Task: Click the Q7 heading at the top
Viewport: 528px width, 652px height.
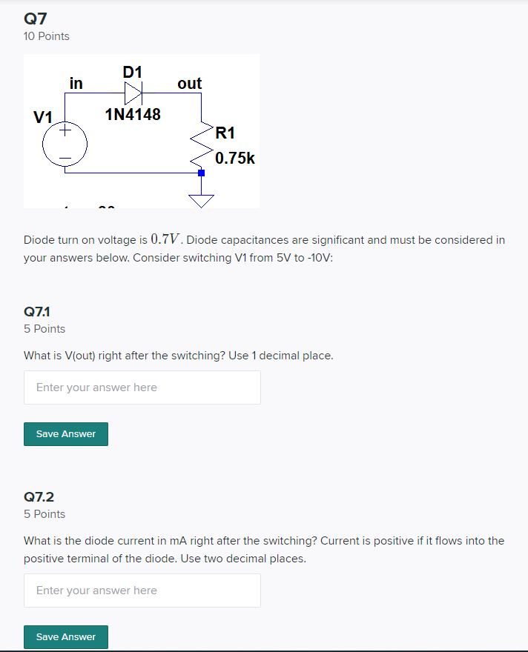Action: pyautogui.click(x=36, y=18)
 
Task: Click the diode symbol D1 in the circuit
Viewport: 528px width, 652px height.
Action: pyautogui.click(x=133, y=93)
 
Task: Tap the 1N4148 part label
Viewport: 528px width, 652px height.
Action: pyautogui.click(x=133, y=115)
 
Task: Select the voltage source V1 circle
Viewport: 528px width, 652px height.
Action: pyautogui.click(x=65, y=144)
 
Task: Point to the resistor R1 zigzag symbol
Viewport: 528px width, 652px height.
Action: pyautogui.click(x=201, y=144)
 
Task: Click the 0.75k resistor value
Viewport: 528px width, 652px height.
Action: pyautogui.click(x=235, y=158)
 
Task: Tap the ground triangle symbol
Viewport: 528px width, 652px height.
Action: pyautogui.click(x=201, y=200)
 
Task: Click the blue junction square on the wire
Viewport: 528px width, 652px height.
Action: pyautogui.click(x=201, y=173)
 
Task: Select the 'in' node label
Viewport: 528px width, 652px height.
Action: pyautogui.click(x=76, y=83)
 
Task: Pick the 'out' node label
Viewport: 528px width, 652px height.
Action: pyautogui.click(x=189, y=84)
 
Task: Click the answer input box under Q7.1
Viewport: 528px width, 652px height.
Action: pyautogui.click(x=142, y=387)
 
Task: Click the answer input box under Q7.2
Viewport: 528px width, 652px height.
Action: pyautogui.click(x=142, y=591)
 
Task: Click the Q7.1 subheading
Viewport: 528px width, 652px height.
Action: pyautogui.click(x=37, y=312)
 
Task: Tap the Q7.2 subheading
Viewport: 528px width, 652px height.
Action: pyautogui.click(x=39, y=497)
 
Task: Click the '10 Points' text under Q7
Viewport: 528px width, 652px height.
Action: pyautogui.click(x=47, y=36)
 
